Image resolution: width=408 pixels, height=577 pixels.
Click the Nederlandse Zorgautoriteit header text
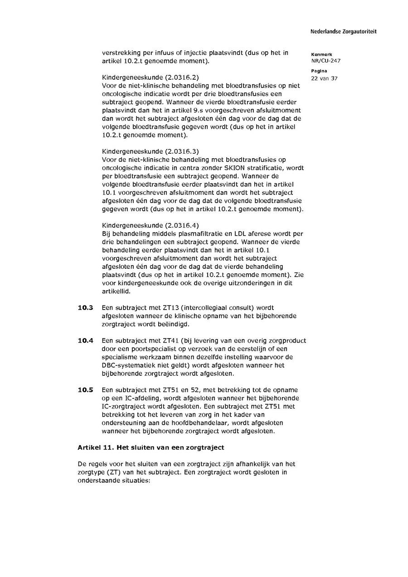[x=343, y=32]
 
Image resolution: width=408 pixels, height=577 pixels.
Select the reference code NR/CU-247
[x=325, y=61]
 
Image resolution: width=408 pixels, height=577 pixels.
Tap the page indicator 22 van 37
[x=324, y=78]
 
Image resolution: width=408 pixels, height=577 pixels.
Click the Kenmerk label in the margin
[x=321, y=54]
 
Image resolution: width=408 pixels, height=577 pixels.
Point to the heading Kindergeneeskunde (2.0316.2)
[x=150, y=77]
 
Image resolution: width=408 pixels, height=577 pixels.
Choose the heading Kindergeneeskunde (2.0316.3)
[x=150, y=151]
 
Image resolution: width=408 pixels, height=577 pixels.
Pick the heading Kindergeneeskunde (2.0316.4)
[x=150, y=226]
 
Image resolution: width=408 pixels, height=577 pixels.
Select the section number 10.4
[x=85, y=341]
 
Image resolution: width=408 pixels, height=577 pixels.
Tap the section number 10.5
[x=85, y=390]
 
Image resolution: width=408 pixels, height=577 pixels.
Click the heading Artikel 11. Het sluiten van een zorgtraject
[x=151, y=448]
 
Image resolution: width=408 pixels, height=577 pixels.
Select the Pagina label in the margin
[x=319, y=71]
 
